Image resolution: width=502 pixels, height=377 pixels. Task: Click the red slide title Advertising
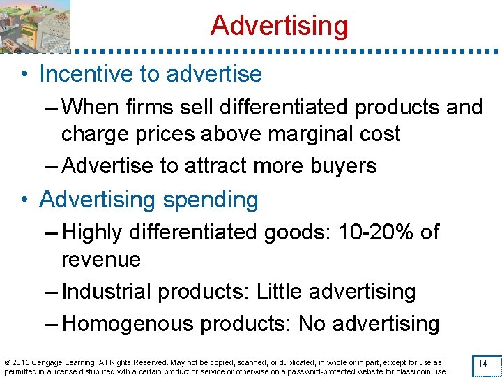click(279, 26)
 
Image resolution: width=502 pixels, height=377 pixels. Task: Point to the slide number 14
click(482, 364)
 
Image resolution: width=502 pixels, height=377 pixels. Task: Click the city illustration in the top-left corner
click(35, 26)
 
